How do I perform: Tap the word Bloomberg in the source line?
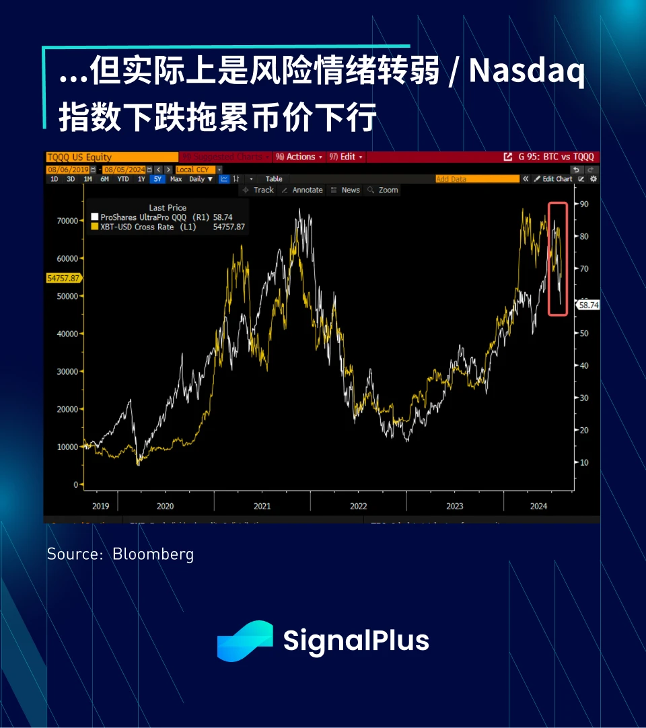(153, 554)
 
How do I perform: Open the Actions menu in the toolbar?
(299, 157)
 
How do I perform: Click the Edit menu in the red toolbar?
(347, 157)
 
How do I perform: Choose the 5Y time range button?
(157, 179)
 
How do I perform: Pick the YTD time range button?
(122, 179)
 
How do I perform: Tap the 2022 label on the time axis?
(359, 506)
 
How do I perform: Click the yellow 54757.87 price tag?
(63, 278)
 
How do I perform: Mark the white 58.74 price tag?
(589, 305)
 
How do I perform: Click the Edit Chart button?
(557, 179)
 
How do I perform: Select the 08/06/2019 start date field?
(67, 169)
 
